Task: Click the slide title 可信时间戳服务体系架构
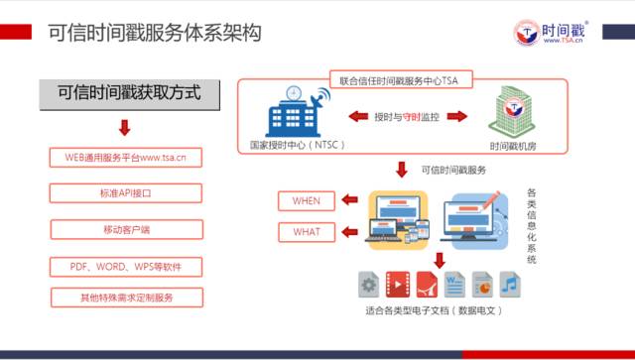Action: [x=153, y=33]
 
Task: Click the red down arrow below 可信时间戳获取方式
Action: [x=124, y=127]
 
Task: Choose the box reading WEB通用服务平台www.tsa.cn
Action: [x=125, y=157]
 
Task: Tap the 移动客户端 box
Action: [x=125, y=230]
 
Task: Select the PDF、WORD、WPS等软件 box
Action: [x=125, y=267]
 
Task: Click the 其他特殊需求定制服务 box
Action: [x=125, y=298]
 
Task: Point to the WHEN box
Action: [x=307, y=201]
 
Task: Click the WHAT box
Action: [x=307, y=233]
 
